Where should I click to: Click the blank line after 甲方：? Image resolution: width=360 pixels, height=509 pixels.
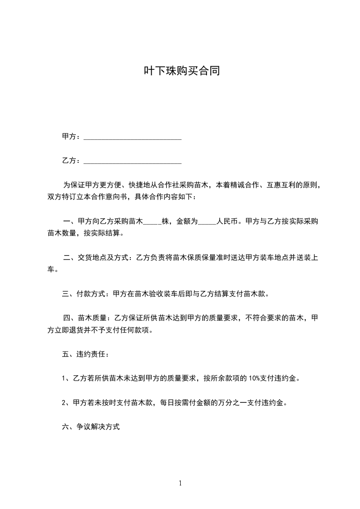click(x=133, y=137)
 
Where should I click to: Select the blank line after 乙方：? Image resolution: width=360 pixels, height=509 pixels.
click(x=133, y=162)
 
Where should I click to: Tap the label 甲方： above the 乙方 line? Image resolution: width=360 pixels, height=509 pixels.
click(x=72, y=137)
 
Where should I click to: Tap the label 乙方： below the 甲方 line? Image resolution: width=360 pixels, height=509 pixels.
click(x=72, y=161)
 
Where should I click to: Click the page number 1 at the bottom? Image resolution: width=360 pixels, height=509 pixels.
click(x=180, y=484)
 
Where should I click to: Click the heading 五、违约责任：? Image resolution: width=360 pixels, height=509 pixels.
click(x=85, y=354)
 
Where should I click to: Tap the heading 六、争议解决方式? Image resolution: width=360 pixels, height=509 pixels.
click(x=91, y=427)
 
